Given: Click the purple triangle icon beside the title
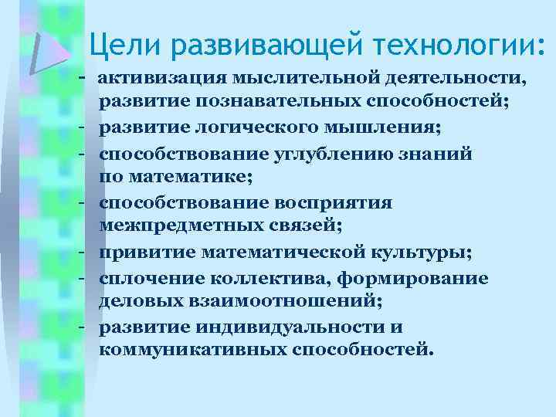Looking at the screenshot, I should pos(48,51).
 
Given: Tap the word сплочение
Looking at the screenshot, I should pos(149,278).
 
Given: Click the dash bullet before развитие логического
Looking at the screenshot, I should pos(81,127).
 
